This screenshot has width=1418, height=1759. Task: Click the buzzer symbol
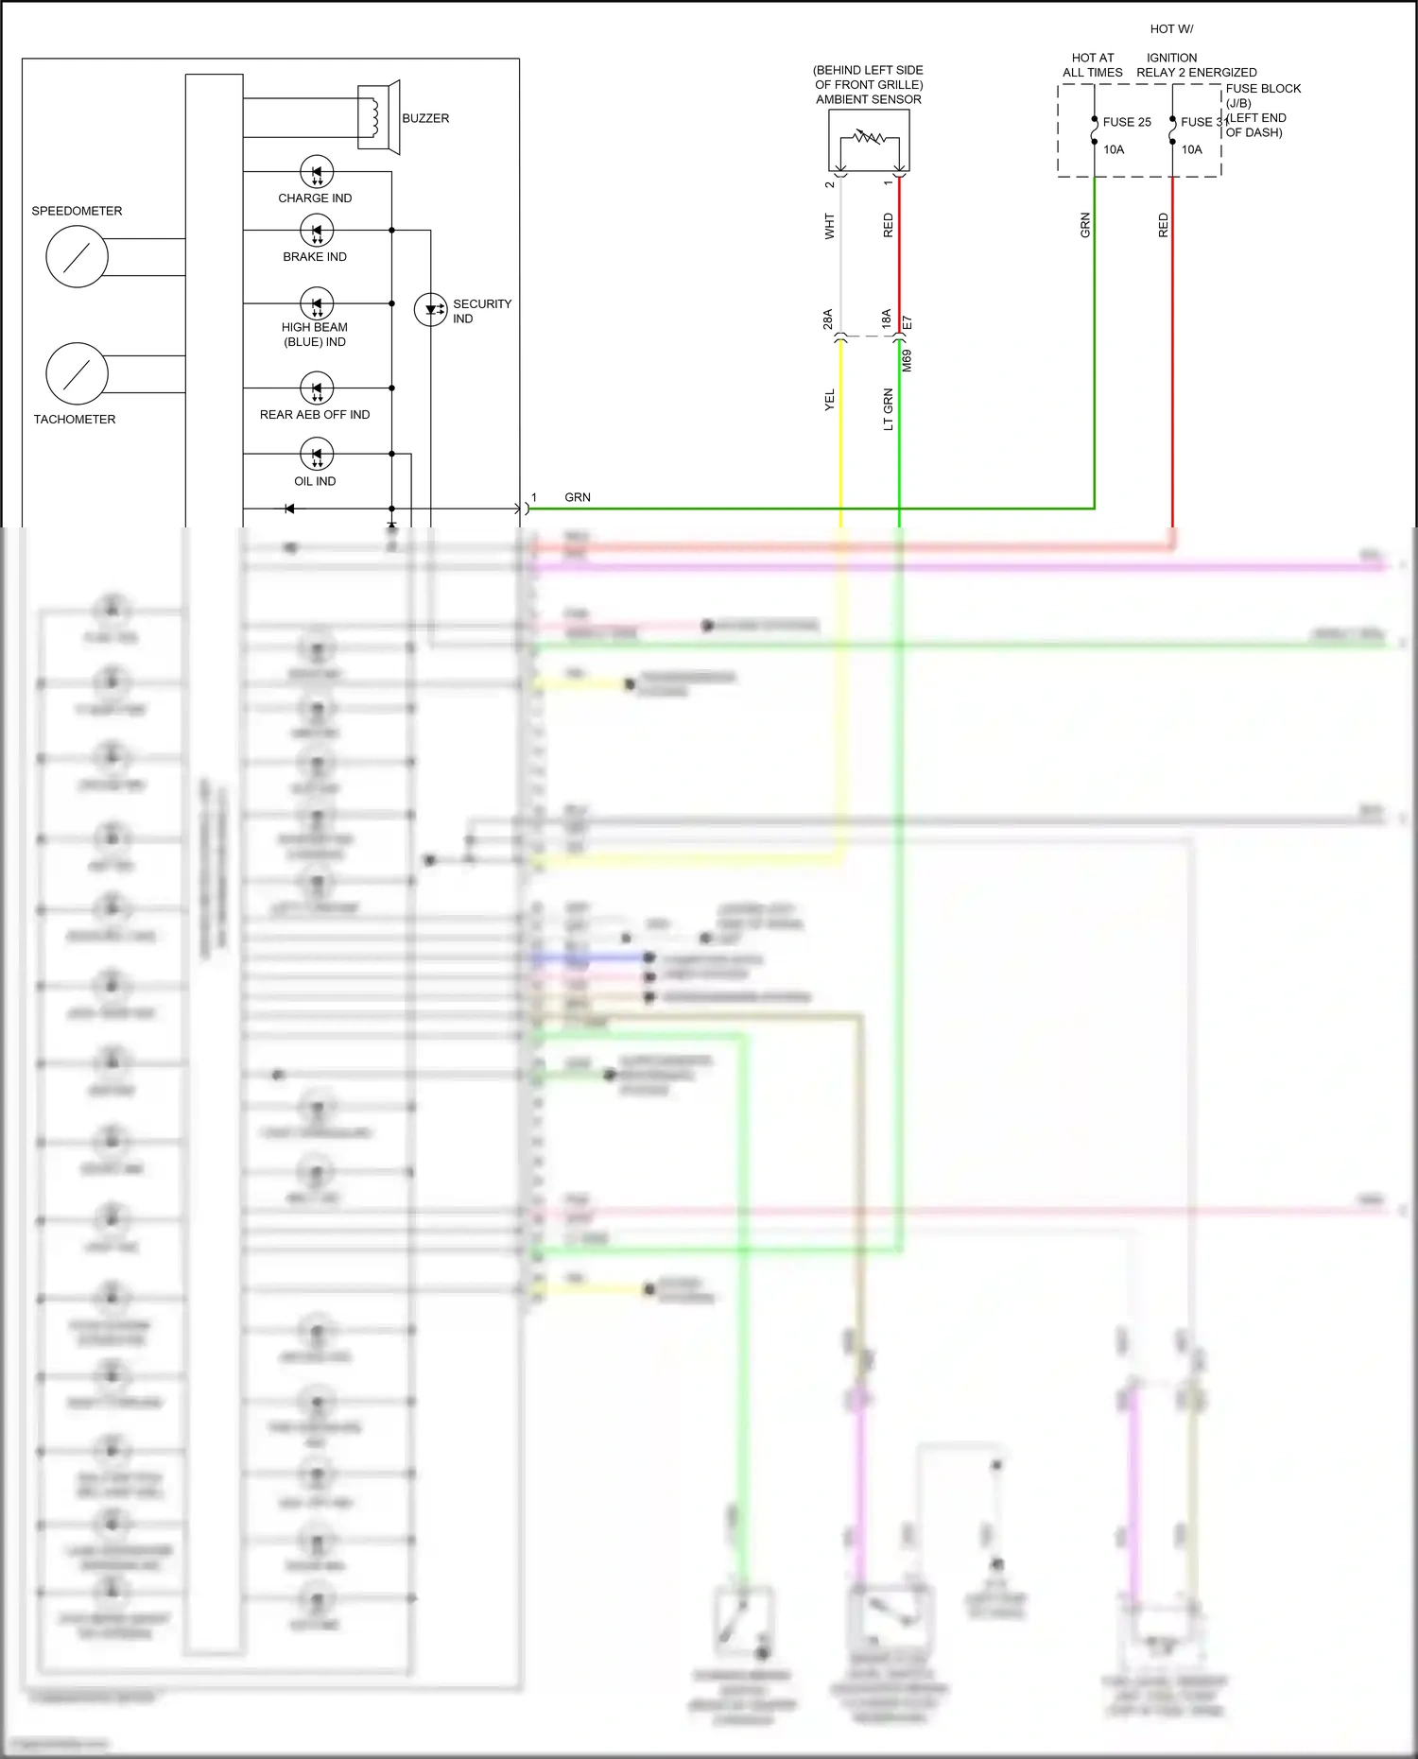pyautogui.click(x=378, y=116)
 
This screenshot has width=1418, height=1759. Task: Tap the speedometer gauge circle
pyautogui.click(x=77, y=256)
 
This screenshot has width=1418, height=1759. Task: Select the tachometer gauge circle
pyautogui.click(x=77, y=373)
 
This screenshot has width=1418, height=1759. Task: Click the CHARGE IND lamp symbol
pyautogui.click(x=317, y=172)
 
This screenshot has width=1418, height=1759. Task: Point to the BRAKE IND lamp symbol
pyautogui.click(x=317, y=231)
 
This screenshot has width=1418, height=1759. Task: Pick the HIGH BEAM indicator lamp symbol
pyautogui.click(x=317, y=303)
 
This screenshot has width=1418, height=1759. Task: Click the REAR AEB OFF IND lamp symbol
pyautogui.click(x=317, y=388)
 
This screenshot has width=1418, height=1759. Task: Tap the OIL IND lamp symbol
pyautogui.click(x=317, y=454)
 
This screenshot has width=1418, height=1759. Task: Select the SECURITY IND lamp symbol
pyautogui.click(x=431, y=309)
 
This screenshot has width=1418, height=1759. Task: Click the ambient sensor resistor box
pyautogui.click(x=869, y=140)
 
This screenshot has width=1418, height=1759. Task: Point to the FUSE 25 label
pyautogui.click(x=1127, y=122)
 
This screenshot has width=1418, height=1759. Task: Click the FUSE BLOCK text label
pyautogui.click(x=1263, y=89)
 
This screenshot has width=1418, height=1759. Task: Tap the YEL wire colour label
pyautogui.click(x=830, y=400)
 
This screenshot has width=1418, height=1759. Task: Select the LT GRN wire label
pyautogui.click(x=888, y=409)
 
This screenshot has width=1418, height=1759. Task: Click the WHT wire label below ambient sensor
pyautogui.click(x=830, y=226)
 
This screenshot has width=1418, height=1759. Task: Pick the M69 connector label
pyautogui.click(x=907, y=360)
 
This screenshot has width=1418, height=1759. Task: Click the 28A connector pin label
pyautogui.click(x=828, y=319)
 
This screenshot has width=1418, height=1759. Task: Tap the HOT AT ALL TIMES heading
pyautogui.click(x=1093, y=65)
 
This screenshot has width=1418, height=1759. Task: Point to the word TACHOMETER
pyautogui.click(x=75, y=420)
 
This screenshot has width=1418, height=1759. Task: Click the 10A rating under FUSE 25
pyautogui.click(x=1114, y=149)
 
